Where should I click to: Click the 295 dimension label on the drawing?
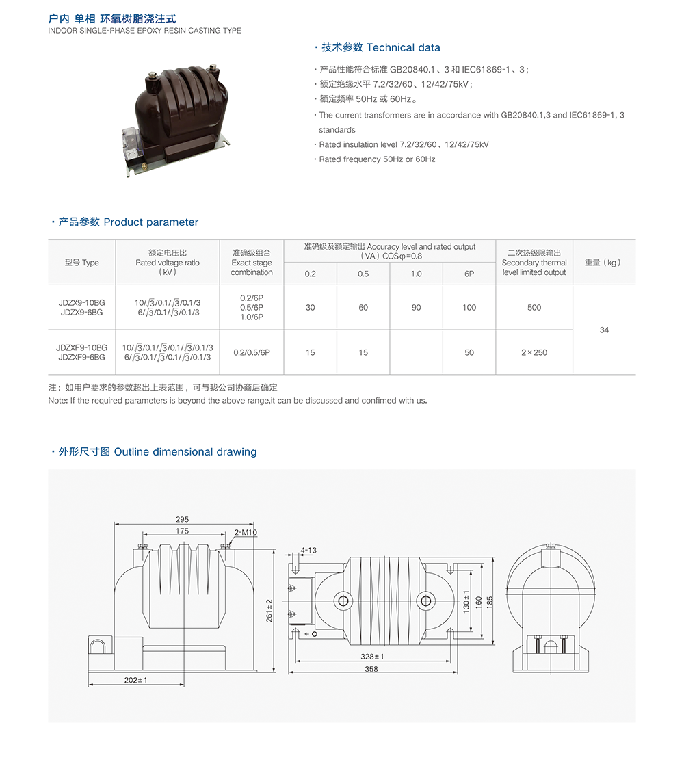click(182, 519)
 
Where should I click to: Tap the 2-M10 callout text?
click(246, 532)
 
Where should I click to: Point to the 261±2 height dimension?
click(269, 611)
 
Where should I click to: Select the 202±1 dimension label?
click(136, 680)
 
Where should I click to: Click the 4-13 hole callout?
click(308, 550)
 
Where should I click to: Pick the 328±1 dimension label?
click(372, 657)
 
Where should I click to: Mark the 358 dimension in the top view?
click(371, 669)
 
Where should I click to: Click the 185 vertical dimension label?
click(490, 603)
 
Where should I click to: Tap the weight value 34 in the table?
click(604, 330)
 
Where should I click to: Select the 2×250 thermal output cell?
click(534, 352)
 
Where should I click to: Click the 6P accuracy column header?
click(469, 274)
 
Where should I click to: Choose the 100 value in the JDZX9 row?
click(469, 307)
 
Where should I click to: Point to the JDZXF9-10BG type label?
click(82, 347)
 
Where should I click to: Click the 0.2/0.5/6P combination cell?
click(252, 352)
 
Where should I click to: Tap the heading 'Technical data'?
click(404, 48)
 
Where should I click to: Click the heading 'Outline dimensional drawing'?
click(185, 452)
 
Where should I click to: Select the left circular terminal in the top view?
click(343, 601)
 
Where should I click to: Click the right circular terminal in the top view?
click(425, 601)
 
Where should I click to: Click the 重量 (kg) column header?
click(603, 263)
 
